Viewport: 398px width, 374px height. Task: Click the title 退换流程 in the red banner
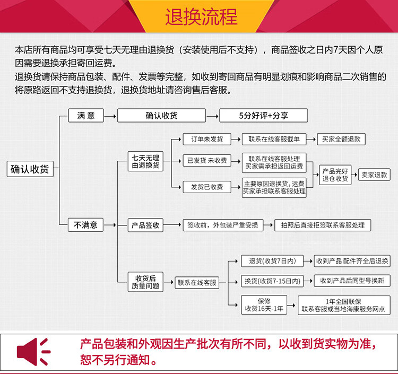(x=201, y=17)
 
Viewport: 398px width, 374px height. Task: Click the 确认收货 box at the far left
(x=30, y=169)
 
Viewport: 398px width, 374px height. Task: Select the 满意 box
(x=85, y=115)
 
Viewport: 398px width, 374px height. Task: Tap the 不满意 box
(x=85, y=225)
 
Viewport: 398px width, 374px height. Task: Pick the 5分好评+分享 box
(x=263, y=115)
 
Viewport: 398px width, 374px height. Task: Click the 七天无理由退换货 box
(x=146, y=161)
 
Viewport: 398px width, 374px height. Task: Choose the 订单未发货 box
(x=207, y=140)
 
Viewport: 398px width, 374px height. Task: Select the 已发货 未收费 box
(x=207, y=160)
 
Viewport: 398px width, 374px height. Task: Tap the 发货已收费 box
(x=207, y=186)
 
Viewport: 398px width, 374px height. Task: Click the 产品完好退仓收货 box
(x=335, y=175)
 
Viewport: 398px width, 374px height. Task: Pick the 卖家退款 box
(x=374, y=175)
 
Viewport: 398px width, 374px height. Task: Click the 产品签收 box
(x=146, y=225)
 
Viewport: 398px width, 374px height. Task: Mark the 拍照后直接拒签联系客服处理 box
(x=323, y=225)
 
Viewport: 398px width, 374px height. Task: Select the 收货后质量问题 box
(x=146, y=282)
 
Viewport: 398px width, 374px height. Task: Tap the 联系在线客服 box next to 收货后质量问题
(x=197, y=283)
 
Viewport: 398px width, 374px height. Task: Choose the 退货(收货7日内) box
(x=272, y=261)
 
